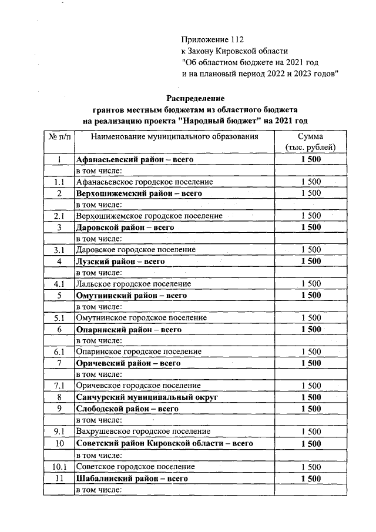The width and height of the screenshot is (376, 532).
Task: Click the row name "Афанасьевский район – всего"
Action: point(135,159)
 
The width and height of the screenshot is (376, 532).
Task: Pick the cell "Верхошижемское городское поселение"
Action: point(149,216)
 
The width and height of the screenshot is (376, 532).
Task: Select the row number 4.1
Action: point(59,284)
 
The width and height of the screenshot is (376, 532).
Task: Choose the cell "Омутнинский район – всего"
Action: point(132,295)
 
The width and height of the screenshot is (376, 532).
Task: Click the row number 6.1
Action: point(59,352)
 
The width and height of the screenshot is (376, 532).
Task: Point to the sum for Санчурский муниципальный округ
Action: point(310,397)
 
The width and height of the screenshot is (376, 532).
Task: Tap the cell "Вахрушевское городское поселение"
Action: point(143,431)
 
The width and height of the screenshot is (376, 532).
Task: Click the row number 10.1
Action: point(59,466)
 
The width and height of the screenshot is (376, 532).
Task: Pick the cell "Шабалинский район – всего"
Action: point(132,479)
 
